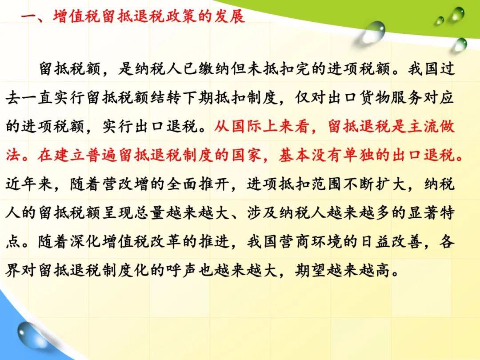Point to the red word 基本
[294, 155]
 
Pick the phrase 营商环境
[310, 241]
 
